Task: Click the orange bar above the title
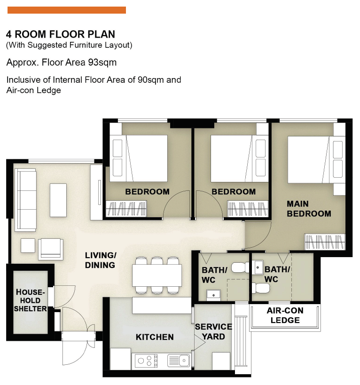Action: coord(67,10)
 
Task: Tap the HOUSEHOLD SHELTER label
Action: coord(30,300)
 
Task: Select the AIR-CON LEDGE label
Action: coord(285,315)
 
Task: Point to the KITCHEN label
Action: coord(155,337)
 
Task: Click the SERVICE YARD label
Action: coord(213,331)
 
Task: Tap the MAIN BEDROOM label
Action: coord(309,209)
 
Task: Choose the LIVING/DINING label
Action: coord(100,260)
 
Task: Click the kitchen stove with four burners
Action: coord(146,361)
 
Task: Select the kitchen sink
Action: coord(178,361)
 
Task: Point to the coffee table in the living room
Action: coord(58,200)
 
